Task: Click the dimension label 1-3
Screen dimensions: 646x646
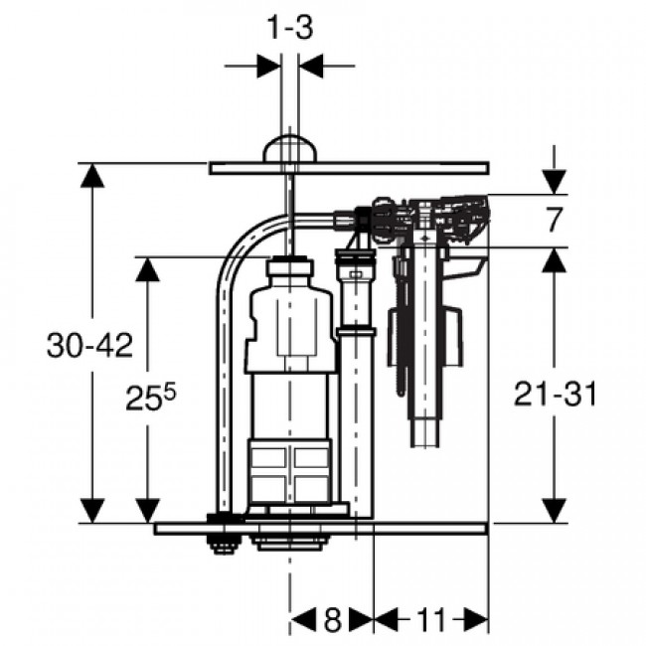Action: [289, 29]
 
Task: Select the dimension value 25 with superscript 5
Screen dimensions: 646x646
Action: [149, 398]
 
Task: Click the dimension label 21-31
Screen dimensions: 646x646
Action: [556, 394]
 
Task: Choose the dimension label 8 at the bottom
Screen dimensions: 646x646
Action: [332, 622]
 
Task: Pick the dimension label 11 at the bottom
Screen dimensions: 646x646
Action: [430, 622]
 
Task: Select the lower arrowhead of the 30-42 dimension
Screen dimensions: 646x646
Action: [91, 509]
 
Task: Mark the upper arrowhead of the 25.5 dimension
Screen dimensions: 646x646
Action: [149, 271]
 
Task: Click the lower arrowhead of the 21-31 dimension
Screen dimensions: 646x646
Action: [554, 509]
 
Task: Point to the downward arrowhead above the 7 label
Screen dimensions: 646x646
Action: [554, 181]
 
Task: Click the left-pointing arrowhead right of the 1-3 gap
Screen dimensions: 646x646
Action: [310, 66]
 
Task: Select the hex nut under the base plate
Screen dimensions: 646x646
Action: [221, 542]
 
